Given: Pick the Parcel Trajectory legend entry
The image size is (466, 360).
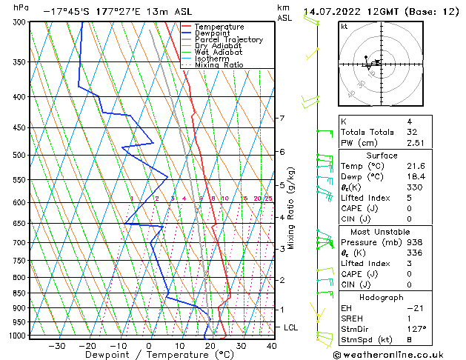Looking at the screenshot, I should [228, 39].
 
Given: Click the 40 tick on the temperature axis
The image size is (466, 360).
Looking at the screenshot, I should [272, 345].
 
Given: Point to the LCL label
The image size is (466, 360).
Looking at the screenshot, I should [291, 327].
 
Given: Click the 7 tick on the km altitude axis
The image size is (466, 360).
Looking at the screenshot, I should [282, 119].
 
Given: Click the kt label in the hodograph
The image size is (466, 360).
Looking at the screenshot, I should [344, 26].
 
